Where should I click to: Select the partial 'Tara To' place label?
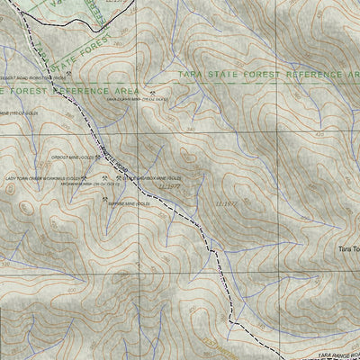(348, 249)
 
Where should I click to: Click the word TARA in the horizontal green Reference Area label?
(192, 74)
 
